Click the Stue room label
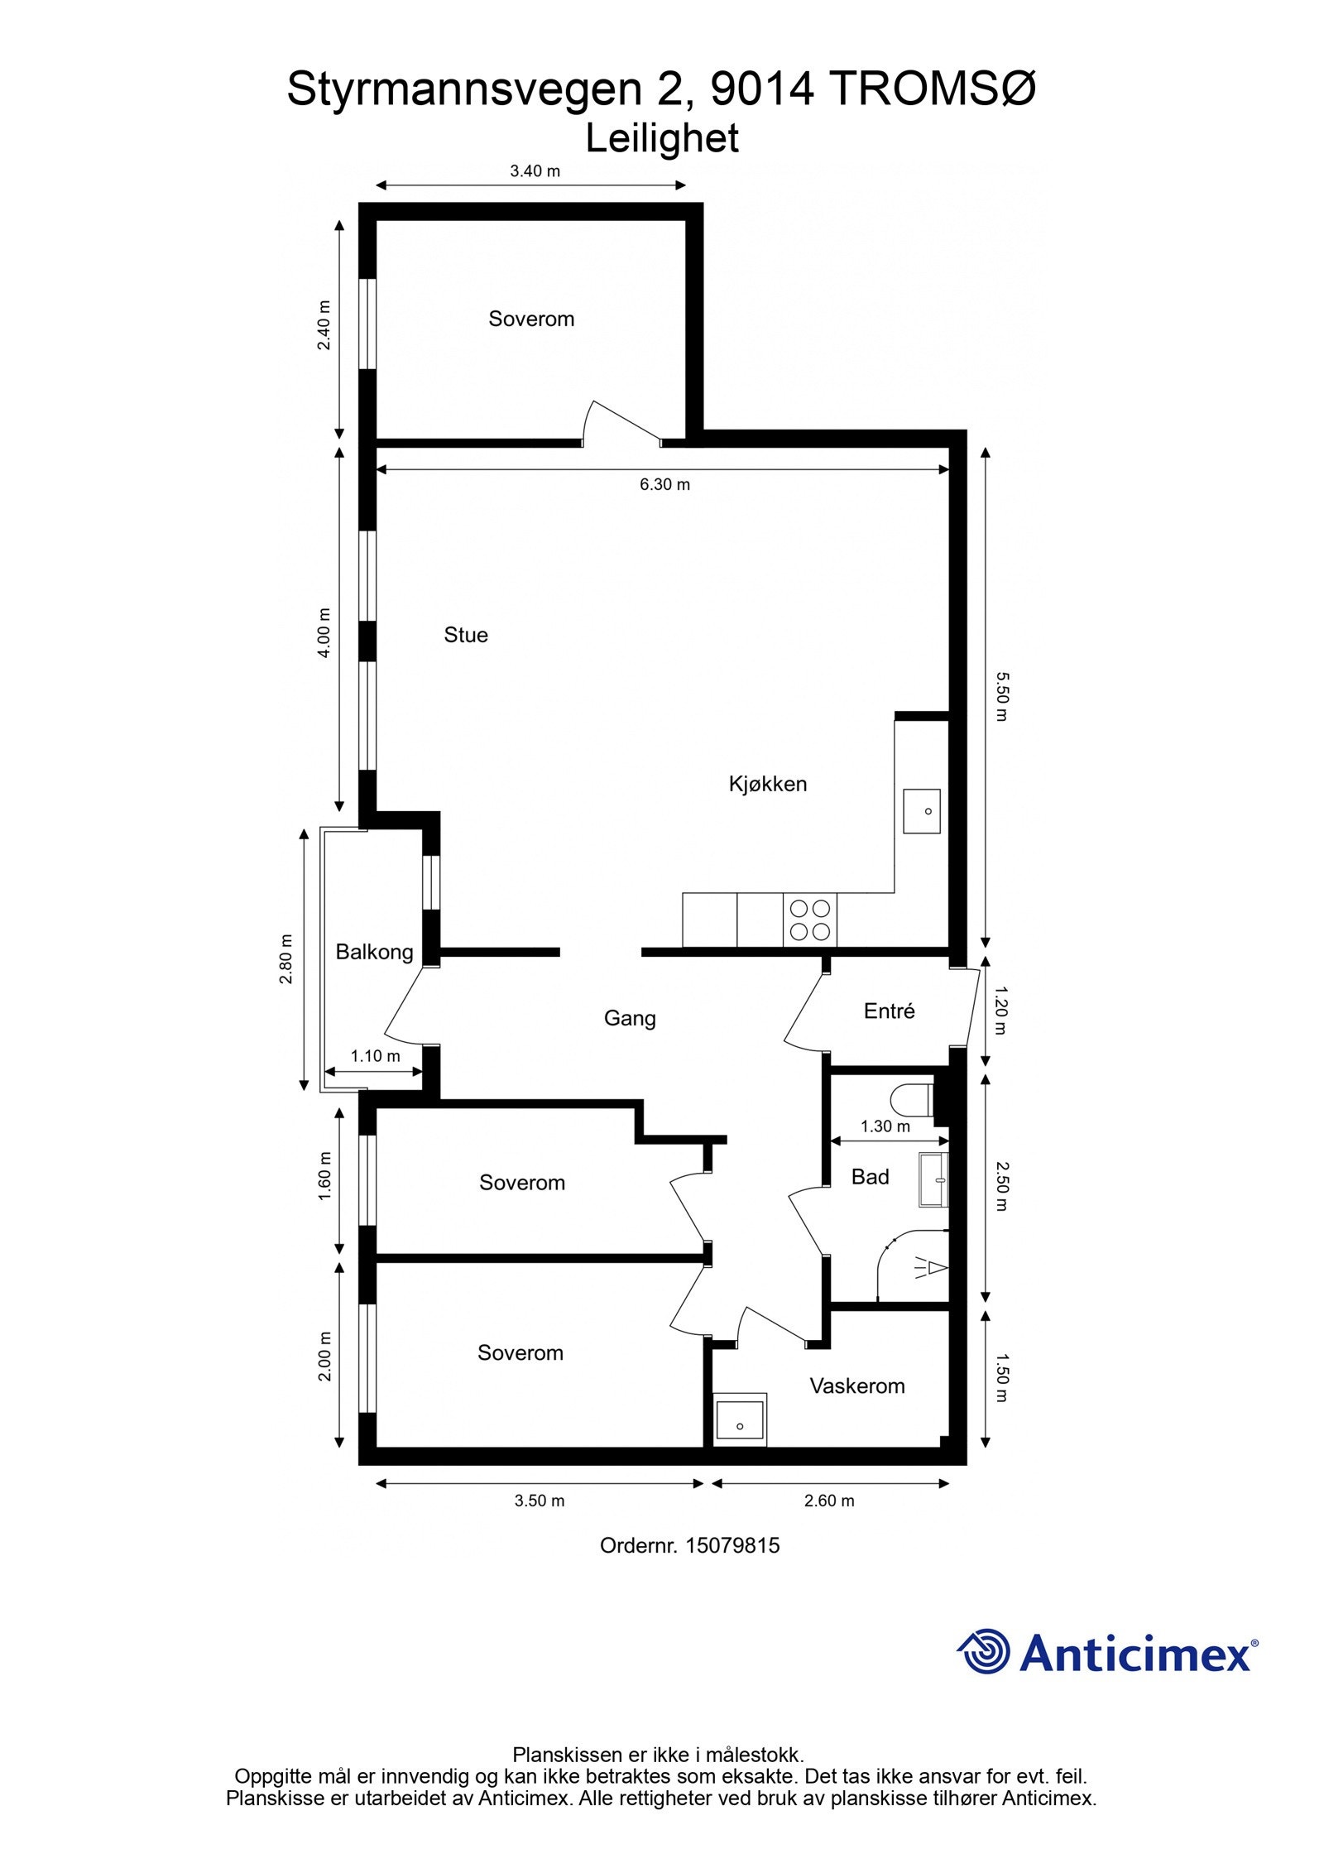466,635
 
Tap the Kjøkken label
767,783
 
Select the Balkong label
374,952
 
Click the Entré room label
889,1011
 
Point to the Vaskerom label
856,1386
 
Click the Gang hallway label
630,1018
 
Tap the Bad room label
870,1176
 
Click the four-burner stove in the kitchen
809,920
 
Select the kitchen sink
921,811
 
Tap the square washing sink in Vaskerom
740,1419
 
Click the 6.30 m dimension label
664,485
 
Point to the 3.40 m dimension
535,171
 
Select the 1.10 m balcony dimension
375,1056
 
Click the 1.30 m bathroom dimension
885,1126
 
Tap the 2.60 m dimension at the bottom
829,1501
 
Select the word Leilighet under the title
662,139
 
